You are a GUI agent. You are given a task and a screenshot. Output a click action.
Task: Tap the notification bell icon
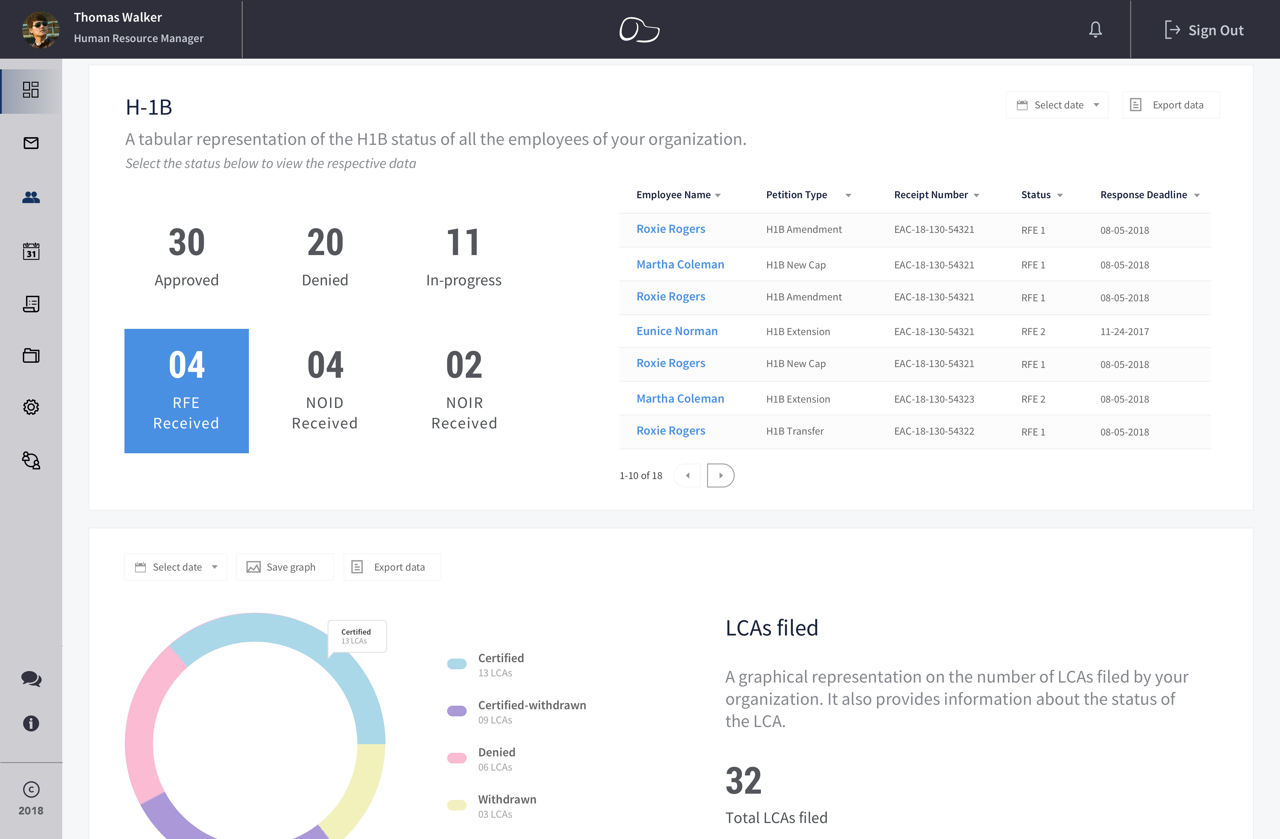tap(1095, 30)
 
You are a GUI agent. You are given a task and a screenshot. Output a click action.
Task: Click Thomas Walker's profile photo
tap(40, 30)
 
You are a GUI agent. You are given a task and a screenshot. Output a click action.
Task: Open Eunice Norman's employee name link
tap(676, 331)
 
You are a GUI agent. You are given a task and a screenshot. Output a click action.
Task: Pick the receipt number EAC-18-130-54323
tap(934, 399)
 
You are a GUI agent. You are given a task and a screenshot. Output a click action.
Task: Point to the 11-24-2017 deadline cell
tap(1124, 332)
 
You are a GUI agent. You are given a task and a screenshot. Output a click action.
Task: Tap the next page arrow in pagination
tap(721, 475)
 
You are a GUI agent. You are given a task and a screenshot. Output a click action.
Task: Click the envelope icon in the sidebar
tap(31, 143)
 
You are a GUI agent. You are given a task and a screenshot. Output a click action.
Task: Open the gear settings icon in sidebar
tap(31, 407)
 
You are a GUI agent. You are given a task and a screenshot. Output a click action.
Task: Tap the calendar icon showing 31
tap(31, 251)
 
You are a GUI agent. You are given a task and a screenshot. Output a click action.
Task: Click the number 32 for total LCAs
tap(743, 781)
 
